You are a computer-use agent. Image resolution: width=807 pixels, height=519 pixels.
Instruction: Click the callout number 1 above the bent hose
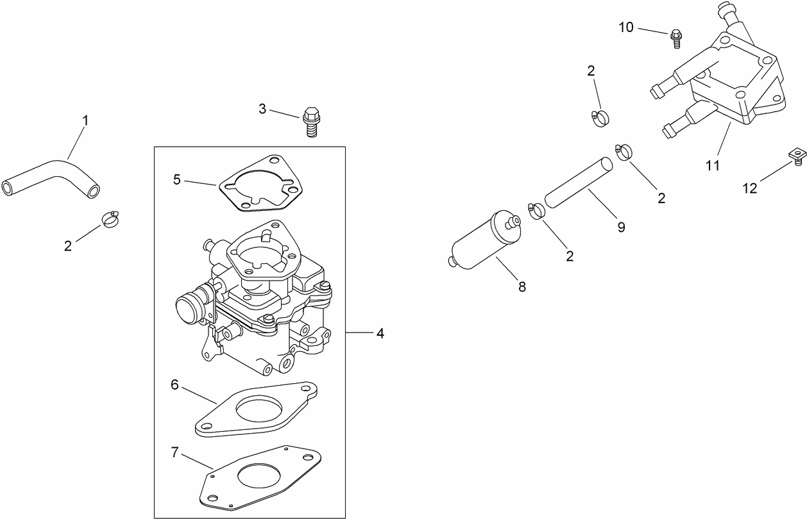[x=85, y=120]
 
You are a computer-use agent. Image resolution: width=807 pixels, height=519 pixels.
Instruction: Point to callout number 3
[x=262, y=109]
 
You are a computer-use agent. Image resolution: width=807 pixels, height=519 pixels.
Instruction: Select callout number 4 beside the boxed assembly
[x=380, y=333]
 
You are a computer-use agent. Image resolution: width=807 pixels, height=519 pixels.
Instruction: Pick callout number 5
[x=177, y=179]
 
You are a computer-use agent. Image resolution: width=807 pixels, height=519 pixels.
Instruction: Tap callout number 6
[x=174, y=384]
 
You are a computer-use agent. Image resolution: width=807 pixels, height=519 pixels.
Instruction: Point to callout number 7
[x=174, y=452]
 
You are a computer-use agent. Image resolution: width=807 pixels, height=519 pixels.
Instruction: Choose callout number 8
[x=522, y=287]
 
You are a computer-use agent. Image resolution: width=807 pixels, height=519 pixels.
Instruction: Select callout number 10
[x=626, y=27]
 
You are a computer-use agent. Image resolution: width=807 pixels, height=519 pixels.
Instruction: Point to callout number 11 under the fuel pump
[x=713, y=165]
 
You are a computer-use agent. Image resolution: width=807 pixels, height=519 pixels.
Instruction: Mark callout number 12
[x=750, y=188]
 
